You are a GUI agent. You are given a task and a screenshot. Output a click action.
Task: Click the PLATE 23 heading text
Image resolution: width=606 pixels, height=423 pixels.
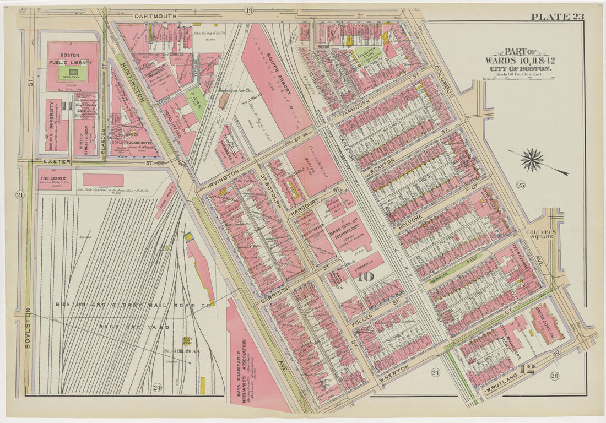click(557, 16)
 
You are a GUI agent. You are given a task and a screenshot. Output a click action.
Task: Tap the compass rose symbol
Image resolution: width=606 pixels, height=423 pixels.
click(532, 160)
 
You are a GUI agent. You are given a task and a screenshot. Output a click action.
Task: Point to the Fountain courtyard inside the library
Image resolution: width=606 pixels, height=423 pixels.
click(73, 73)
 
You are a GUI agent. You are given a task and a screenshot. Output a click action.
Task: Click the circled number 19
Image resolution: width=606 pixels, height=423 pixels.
click(248, 10)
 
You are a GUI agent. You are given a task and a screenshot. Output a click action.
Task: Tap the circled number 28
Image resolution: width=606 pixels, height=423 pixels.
click(554, 376)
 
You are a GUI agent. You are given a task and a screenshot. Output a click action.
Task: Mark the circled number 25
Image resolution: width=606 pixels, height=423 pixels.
click(521, 185)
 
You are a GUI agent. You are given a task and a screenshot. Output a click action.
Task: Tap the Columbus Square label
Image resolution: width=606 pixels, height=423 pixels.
click(540, 235)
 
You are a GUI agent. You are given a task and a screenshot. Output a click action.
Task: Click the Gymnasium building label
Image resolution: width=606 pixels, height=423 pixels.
click(367, 259)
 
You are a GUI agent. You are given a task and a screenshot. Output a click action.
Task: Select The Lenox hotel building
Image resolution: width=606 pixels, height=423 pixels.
click(54, 179)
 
